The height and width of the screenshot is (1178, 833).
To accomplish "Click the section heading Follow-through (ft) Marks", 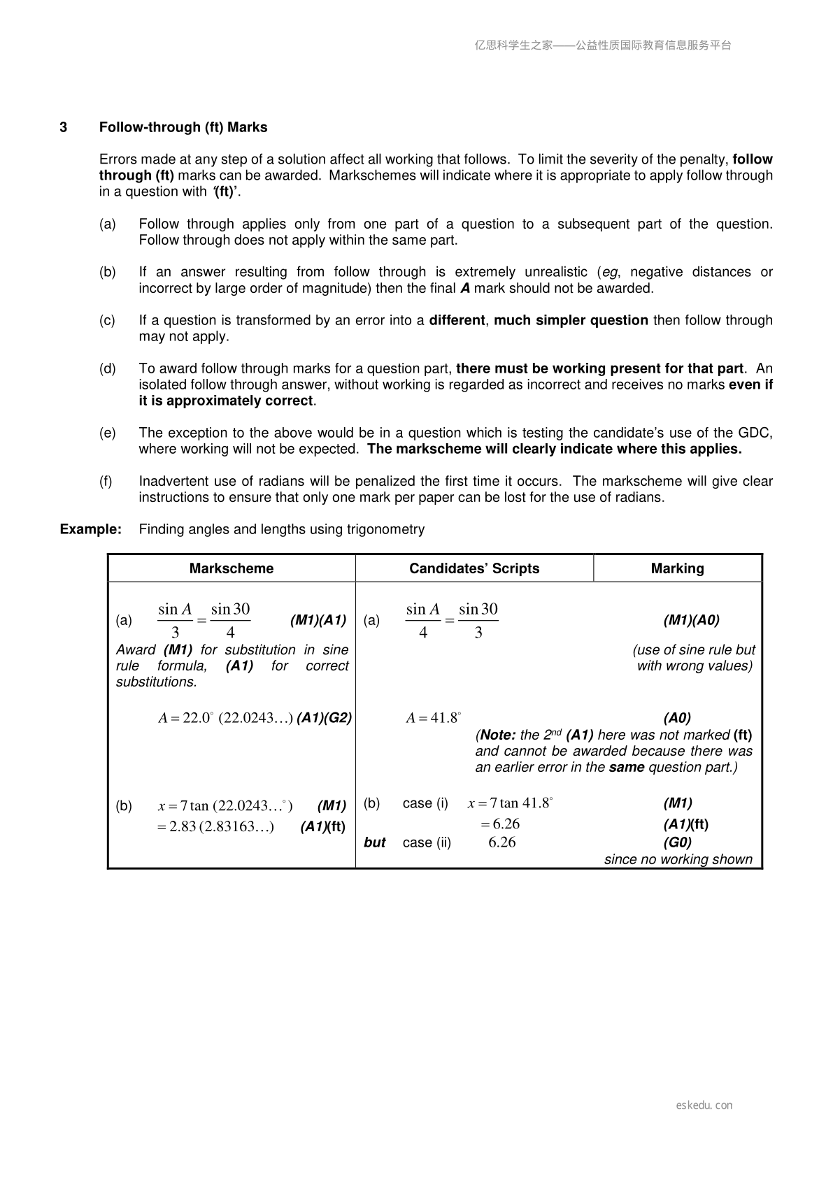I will coord(183,127).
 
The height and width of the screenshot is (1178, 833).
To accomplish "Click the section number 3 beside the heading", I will coord(64,127).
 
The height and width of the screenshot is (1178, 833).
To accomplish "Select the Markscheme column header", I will coord(232,568).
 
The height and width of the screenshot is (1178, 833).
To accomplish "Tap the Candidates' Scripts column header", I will coord(474,568).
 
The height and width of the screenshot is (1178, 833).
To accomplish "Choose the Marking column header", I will coord(677,568).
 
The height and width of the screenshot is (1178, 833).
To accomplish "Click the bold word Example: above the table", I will coord(91,529).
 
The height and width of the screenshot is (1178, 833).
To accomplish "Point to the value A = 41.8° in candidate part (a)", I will coord(434,718).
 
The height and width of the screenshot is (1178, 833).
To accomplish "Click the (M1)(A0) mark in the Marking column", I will coord(691,620).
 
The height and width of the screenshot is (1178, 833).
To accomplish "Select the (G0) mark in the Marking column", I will coord(677,842).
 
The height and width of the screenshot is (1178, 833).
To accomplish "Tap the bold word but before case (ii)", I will coord(375,842).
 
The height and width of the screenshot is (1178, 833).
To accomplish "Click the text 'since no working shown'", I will coord(678,859).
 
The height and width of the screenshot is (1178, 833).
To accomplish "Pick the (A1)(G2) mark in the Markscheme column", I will coord(324,718).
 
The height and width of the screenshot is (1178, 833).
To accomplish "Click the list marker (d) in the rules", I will coord(108,368).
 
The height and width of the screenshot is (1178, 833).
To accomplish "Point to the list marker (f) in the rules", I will coord(106,481).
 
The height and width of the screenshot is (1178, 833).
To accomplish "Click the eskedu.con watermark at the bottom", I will coord(704,1105).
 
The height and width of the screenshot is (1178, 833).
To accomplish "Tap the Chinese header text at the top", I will coord(603,45).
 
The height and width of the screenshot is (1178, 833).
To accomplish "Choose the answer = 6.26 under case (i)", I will coord(500,824).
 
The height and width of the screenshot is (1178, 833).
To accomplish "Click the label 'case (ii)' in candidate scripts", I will coord(427,842).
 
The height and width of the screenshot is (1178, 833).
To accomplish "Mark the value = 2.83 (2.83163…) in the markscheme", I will coord(215,827).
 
